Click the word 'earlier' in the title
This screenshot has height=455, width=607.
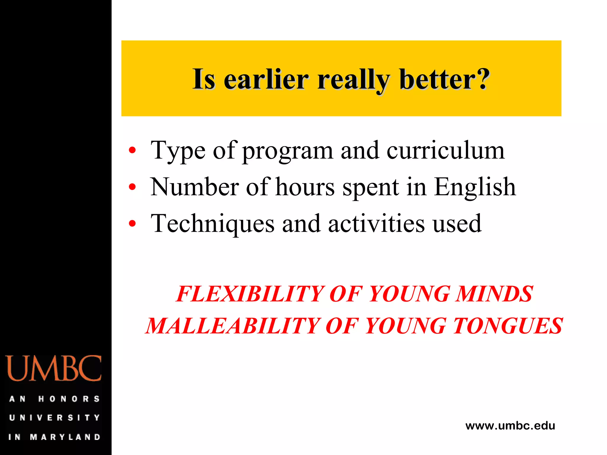click(x=266, y=79)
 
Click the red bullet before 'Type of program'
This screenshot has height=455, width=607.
click(x=132, y=150)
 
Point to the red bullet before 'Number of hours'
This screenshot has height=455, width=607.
click(x=132, y=187)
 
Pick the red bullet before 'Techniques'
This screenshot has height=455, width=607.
click(x=132, y=223)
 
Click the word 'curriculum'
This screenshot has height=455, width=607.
click(x=445, y=150)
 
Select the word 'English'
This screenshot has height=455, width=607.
click(x=475, y=187)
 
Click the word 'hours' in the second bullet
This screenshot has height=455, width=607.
click(x=305, y=187)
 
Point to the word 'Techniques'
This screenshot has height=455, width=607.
click(x=213, y=224)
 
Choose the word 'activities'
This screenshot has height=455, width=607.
click(x=376, y=223)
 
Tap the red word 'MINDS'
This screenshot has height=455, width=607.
click(x=494, y=294)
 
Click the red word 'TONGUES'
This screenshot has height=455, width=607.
click(x=508, y=326)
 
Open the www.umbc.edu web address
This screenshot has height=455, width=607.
click(x=510, y=426)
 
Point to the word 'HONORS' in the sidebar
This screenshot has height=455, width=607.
click(x=69, y=399)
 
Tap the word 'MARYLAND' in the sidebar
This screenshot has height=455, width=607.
click(x=65, y=437)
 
